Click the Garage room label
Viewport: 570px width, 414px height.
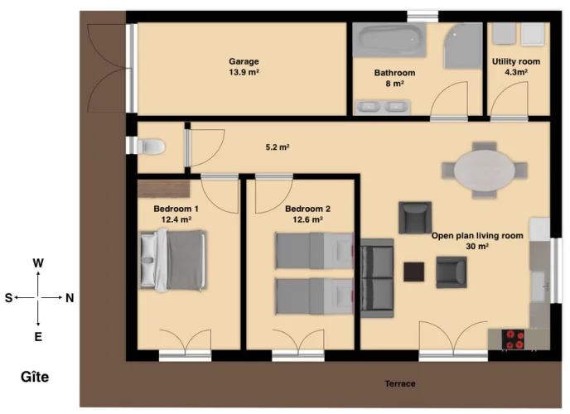pos(244,61)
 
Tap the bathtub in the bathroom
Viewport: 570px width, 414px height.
pos(389,40)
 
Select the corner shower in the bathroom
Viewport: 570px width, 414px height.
pos(463,46)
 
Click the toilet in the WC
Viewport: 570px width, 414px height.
pos(150,147)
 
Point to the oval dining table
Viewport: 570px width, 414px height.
pos(484,170)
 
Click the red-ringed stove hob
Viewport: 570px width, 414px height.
pos(513,340)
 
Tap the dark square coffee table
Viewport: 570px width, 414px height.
pos(413,272)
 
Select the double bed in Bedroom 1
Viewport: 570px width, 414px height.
pos(172,260)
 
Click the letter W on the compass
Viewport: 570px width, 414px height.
pos(38,263)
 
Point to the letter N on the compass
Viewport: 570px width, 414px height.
pos(70,298)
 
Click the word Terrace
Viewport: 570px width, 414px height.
pos(400,383)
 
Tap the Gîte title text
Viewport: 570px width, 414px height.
pos(35,377)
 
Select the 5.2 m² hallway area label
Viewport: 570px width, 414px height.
pos(278,147)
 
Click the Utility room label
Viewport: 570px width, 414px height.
pos(516,62)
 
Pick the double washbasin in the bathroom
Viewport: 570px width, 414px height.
pos(383,107)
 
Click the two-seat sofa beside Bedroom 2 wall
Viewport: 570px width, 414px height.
pos(377,278)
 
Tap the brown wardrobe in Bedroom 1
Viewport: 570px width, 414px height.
pos(163,188)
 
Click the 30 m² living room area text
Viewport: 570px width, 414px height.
pos(477,247)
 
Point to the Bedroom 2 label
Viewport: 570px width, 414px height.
pos(307,209)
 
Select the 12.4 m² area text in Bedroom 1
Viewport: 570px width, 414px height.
pos(176,219)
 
